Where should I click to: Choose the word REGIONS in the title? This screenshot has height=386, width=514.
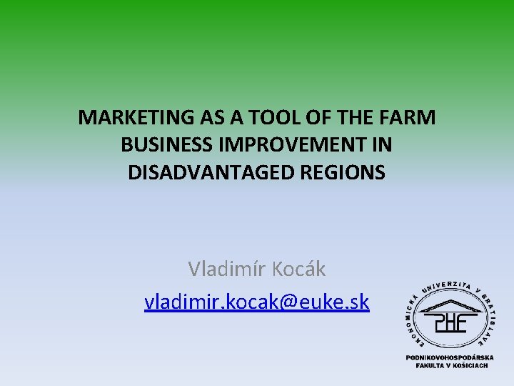[342, 172]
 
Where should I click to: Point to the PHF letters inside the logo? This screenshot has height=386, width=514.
[448, 323]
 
